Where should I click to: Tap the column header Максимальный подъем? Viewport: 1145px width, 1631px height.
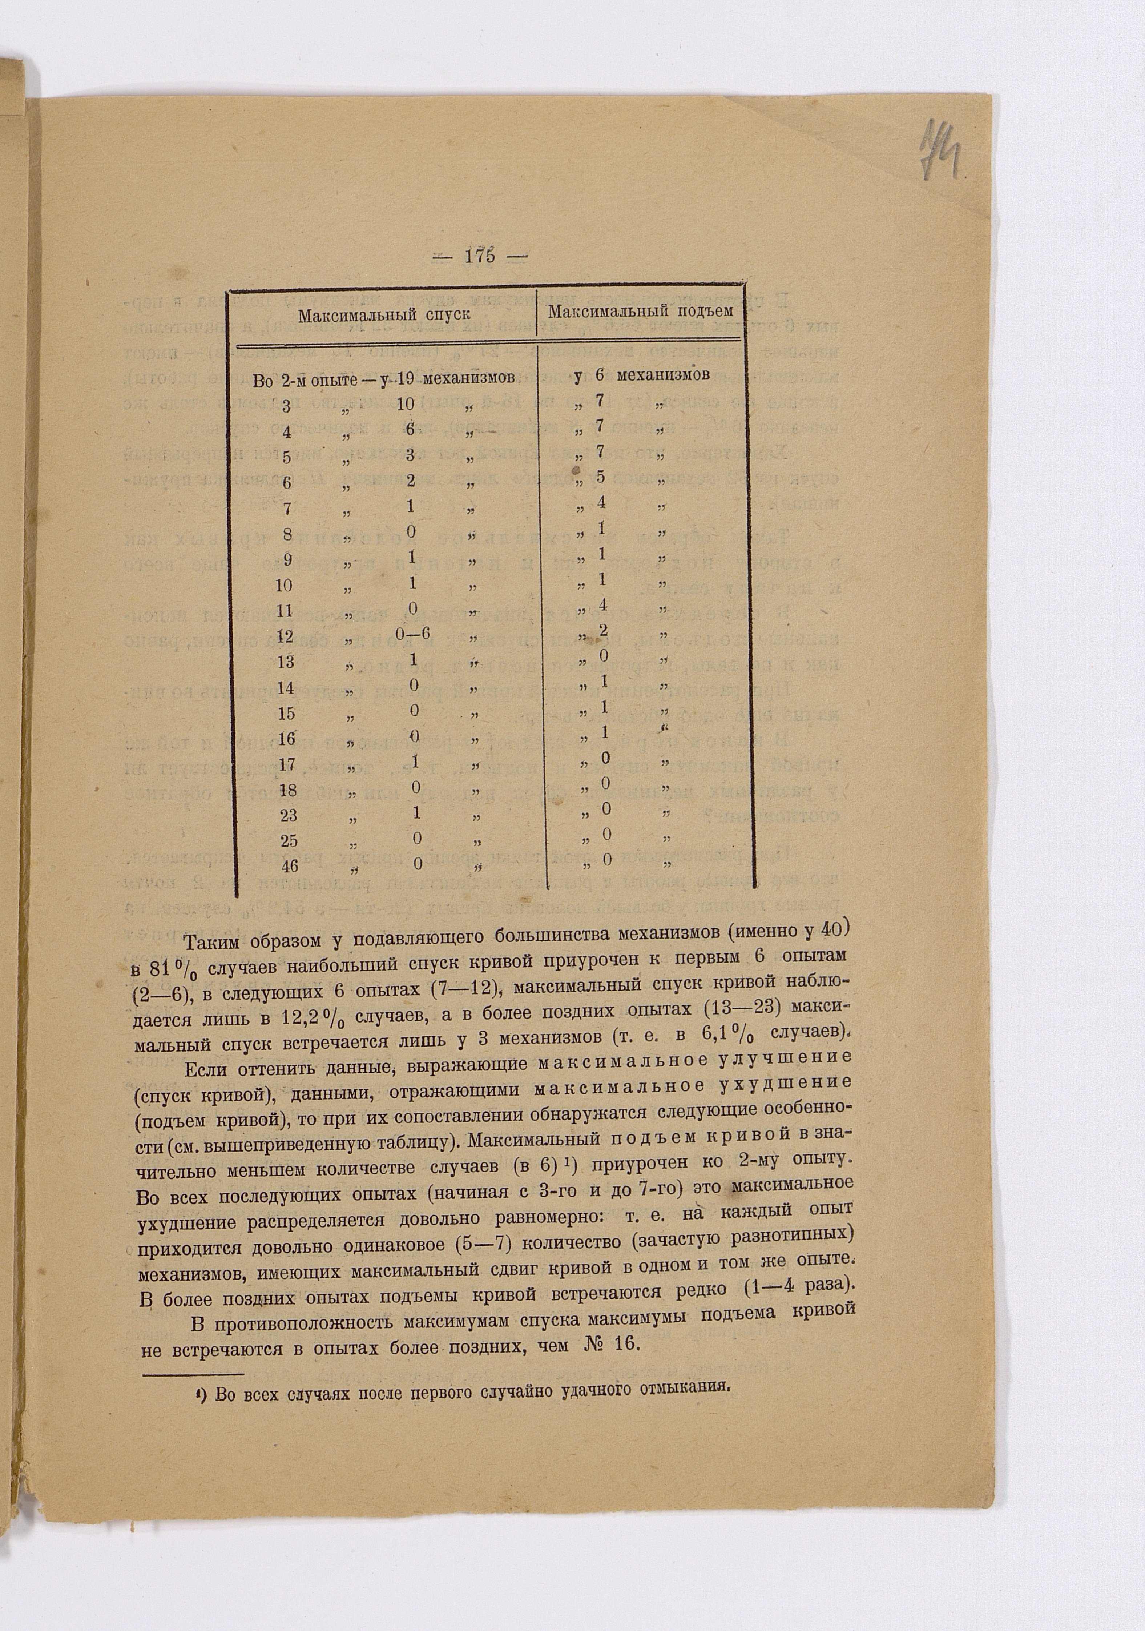point(640,311)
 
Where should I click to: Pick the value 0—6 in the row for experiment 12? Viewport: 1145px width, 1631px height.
point(414,634)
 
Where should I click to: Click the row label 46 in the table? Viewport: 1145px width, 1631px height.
point(289,866)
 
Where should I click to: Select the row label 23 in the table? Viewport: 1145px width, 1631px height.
point(289,815)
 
